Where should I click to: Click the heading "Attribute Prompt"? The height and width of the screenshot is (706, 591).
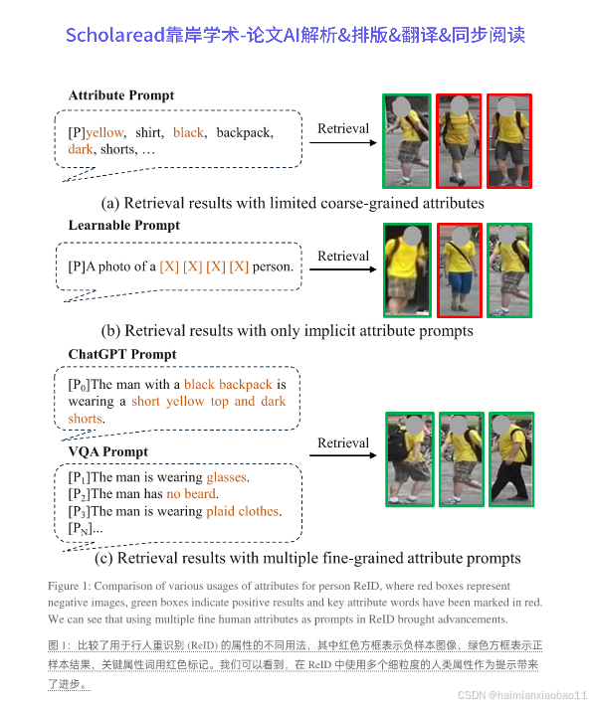tap(120, 95)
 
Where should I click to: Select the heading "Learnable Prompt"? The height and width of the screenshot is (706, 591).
tap(123, 226)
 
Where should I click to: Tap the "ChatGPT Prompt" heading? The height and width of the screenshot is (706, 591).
tap(121, 354)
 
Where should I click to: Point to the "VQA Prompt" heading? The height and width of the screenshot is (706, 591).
tap(107, 451)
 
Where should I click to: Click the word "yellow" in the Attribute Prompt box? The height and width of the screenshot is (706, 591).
tap(104, 132)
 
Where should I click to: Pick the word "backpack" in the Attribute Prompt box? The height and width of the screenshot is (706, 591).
tap(244, 132)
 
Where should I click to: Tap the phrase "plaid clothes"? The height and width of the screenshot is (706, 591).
tap(243, 511)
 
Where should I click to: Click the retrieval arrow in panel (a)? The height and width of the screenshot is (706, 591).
tap(343, 143)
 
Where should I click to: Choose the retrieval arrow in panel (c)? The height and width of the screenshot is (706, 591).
tap(343, 456)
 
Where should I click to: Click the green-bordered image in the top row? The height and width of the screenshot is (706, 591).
tap(407, 141)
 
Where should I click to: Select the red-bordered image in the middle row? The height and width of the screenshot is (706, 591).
tap(459, 269)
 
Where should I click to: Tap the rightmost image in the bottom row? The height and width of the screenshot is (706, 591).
tap(510, 458)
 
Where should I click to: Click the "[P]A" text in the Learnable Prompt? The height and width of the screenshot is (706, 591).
tap(83, 265)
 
